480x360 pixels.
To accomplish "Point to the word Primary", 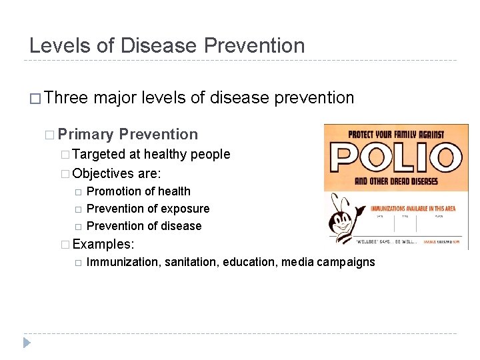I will point(86,134).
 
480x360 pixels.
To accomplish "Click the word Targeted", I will point(99,154).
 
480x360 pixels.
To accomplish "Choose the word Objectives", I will point(103,173).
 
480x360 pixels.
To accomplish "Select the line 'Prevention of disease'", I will point(144,226).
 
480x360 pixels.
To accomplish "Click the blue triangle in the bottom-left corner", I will point(27,343).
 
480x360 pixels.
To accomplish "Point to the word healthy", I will point(165,154).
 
